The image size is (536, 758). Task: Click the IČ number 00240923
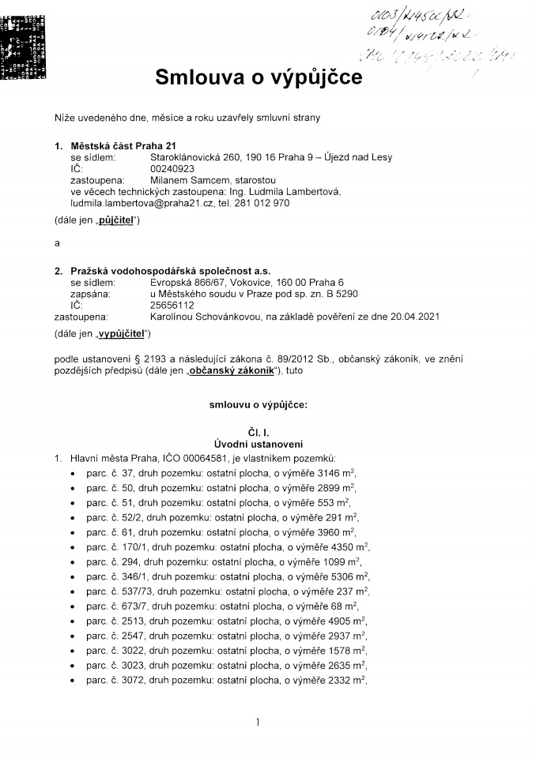pos(172,168)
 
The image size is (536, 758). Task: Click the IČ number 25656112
pos(172,304)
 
